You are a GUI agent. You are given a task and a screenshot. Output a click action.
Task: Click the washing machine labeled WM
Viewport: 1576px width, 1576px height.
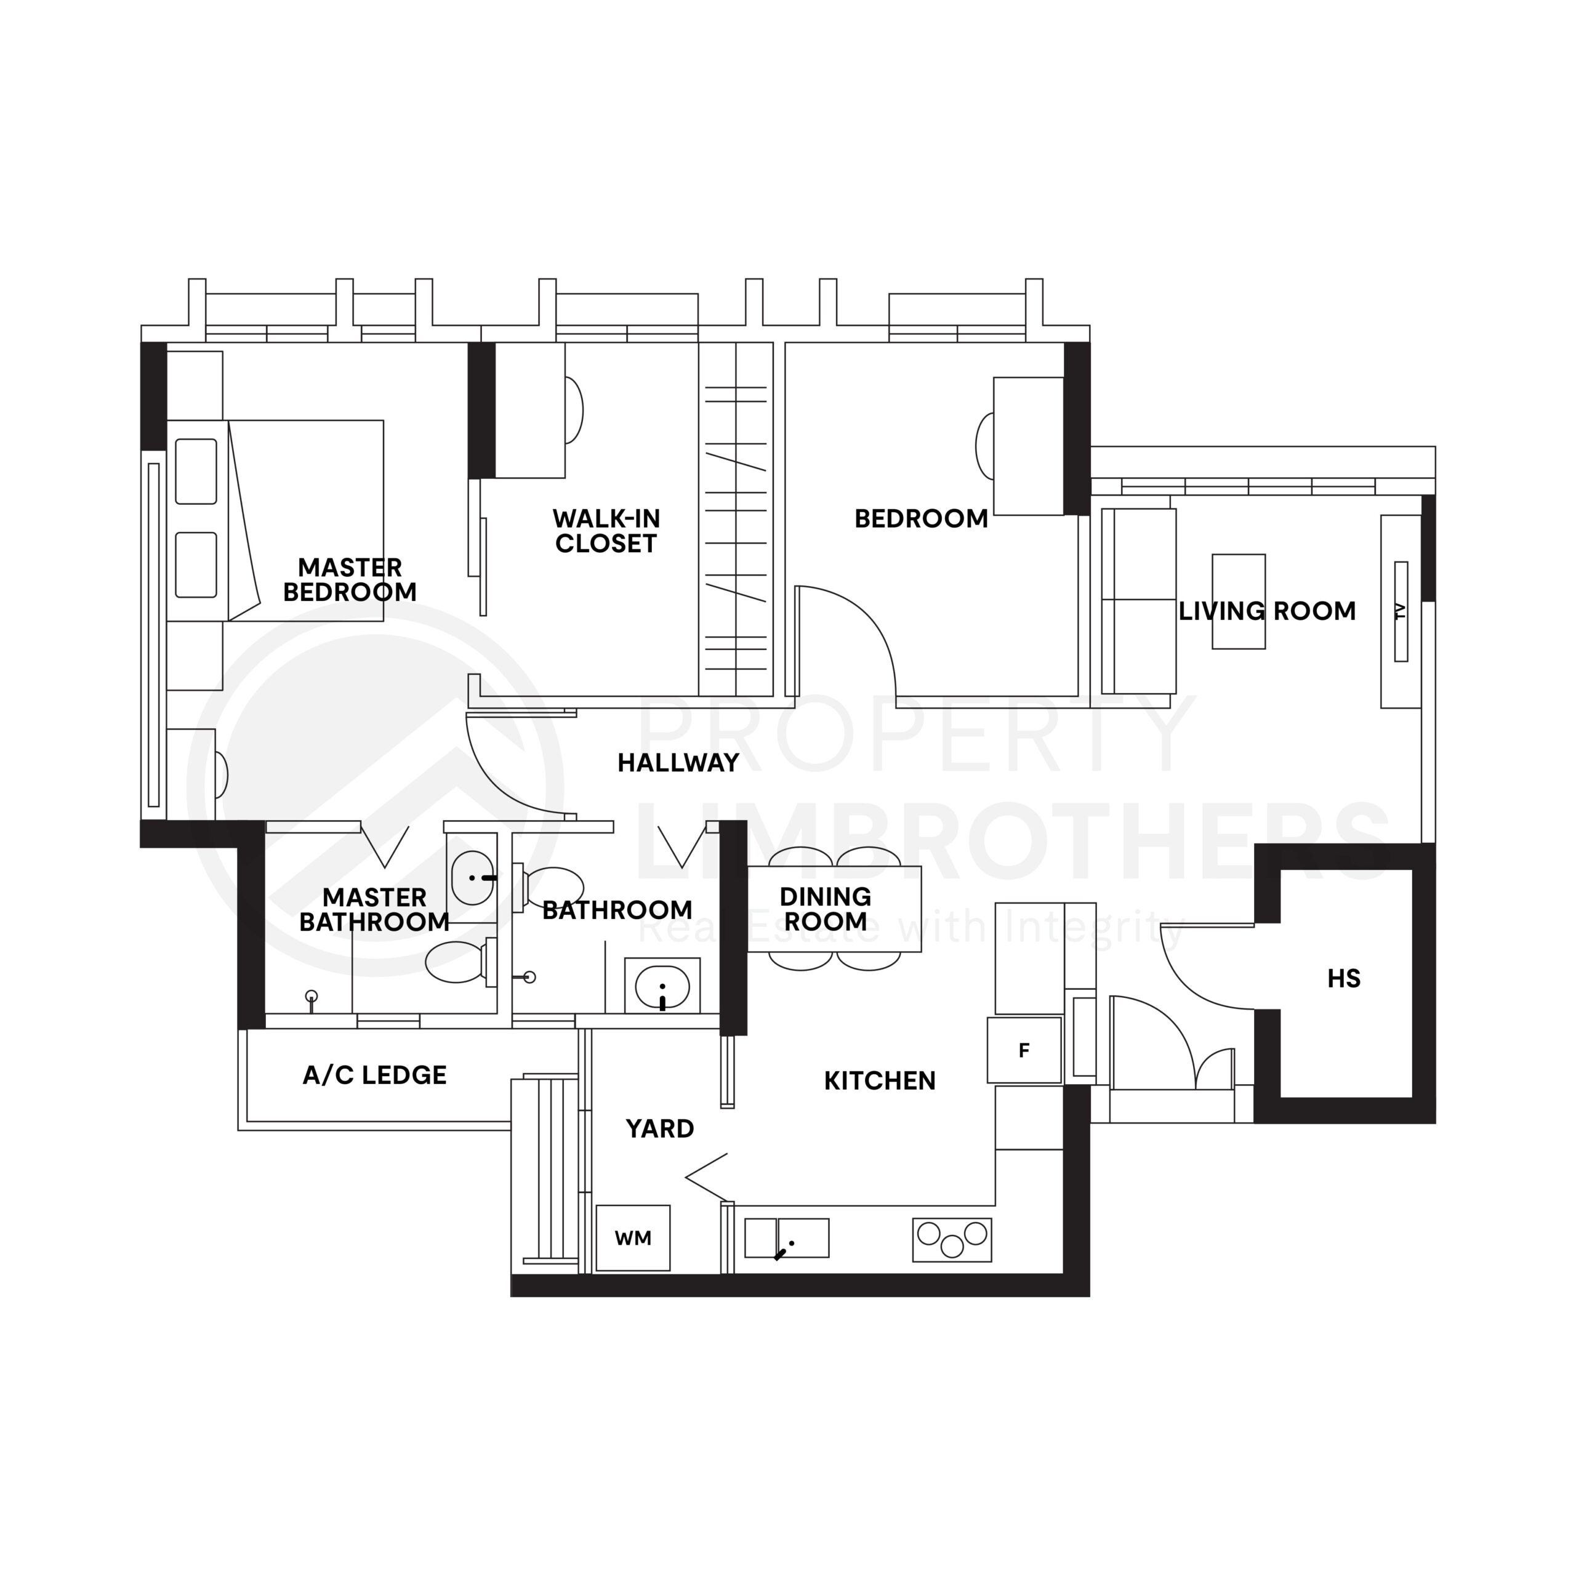(633, 1237)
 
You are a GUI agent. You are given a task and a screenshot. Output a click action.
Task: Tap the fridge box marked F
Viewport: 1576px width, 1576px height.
(1024, 1050)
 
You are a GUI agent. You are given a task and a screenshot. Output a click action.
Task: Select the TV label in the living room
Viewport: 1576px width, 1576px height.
(1401, 611)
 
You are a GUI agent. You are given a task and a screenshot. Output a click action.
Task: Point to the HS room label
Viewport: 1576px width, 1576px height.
(1343, 978)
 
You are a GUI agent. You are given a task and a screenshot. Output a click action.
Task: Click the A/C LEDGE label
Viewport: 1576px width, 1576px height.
(374, 1075)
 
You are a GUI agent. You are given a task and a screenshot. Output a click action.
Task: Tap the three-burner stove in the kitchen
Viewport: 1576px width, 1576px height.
(952, 1240)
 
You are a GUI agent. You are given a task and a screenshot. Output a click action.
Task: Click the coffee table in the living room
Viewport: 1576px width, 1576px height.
(1238, 601)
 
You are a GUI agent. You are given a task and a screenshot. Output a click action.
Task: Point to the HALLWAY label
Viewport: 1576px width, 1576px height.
(678, 763)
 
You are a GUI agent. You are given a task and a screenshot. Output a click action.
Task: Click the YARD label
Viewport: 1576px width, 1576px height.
(660, 1129)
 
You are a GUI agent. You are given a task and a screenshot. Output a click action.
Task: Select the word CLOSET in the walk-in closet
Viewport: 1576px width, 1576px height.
(606, 544)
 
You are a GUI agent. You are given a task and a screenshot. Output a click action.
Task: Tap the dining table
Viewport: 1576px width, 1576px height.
(835, 909)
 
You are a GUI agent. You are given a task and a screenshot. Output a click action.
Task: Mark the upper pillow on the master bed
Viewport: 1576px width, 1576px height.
(196, 472)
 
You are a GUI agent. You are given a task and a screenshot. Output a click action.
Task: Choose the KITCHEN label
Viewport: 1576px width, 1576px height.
(879, 1081)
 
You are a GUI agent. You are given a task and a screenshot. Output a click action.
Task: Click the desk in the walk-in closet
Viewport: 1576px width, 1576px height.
(530, 409)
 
